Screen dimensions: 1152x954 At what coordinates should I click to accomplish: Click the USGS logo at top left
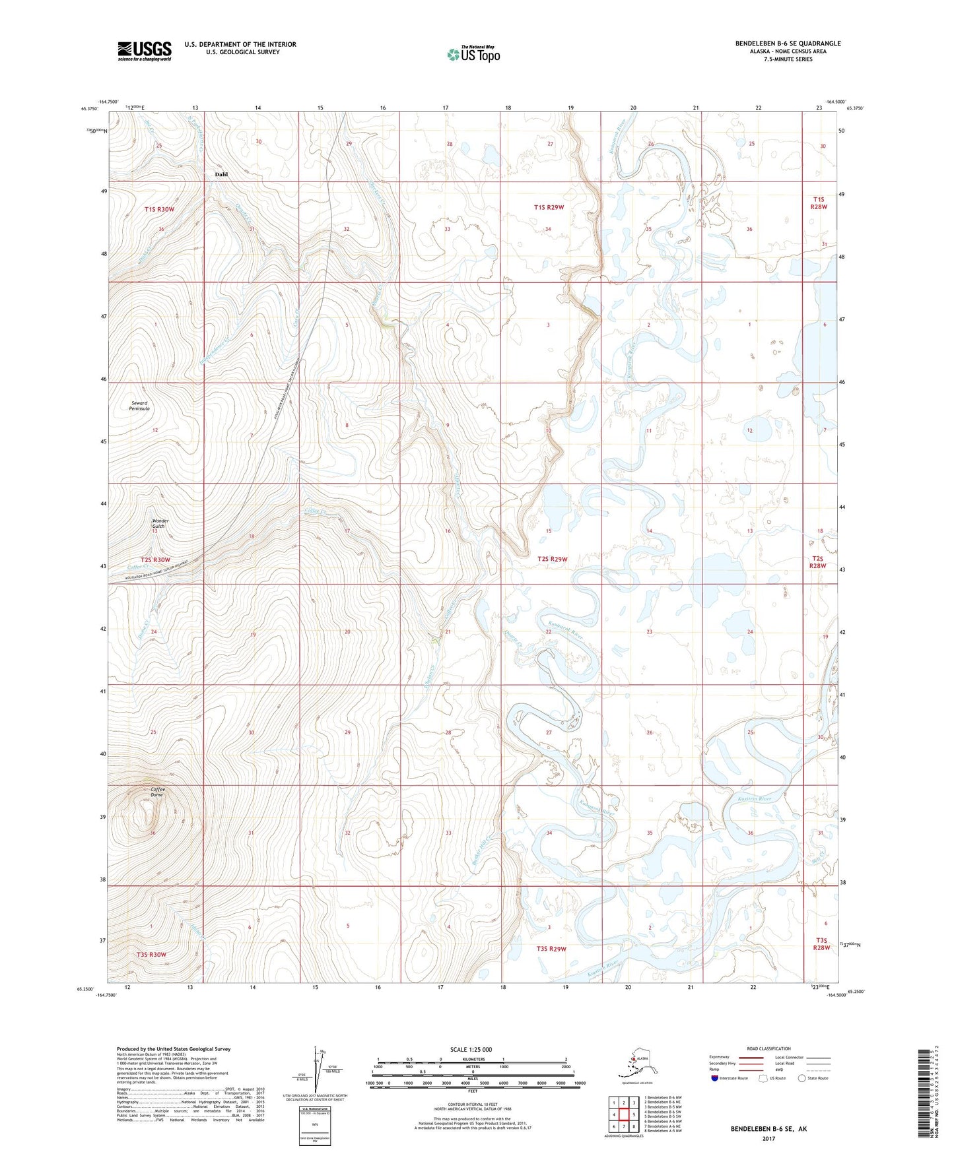tap(144, 51)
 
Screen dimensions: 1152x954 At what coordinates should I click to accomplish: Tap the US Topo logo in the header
tap(473, 54)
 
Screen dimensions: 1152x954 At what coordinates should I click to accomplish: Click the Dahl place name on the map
tap(221, 174)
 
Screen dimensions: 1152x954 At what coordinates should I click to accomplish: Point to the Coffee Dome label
tap(157, 792)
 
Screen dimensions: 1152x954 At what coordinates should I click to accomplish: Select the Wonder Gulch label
tap(160, 523)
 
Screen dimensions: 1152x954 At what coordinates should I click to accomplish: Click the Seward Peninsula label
tap(139, 406)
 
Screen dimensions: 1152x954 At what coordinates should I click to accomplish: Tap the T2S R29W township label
tap(553, 559)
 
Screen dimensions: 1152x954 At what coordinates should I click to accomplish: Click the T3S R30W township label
tap(151, 954)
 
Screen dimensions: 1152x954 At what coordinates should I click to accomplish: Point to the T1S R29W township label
tap(549, 207)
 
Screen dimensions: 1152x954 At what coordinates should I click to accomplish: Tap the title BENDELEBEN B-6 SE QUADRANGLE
tap(788, 44)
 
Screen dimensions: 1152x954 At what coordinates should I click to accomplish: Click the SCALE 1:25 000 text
tap(471, 1049)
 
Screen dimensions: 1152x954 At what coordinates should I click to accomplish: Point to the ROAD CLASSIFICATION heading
tap(768, 1048)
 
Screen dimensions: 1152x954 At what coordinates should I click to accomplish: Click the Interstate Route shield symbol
tap(714, 1078)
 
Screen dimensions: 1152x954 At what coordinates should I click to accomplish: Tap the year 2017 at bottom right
tap(768, 1138)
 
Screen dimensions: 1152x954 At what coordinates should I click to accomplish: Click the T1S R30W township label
tap(159, 209)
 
